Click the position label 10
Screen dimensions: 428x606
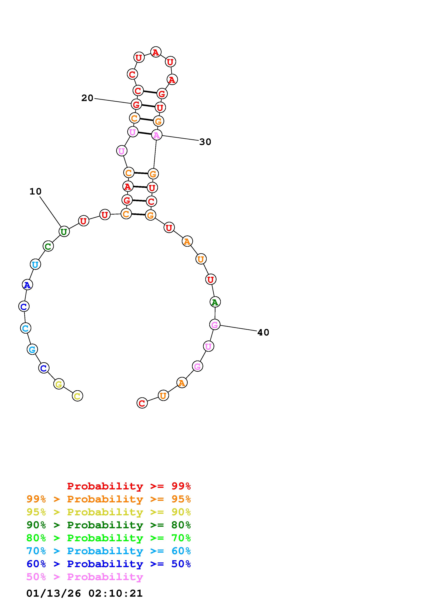click(35, 191)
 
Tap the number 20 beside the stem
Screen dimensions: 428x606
click(87, 98)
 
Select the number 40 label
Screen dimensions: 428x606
click(263, 332)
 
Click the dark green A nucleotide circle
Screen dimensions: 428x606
click(215, 302)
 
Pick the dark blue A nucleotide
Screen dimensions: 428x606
click(27, 285)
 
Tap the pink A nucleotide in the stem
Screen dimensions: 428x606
click(157, 135)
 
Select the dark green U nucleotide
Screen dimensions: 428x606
click(64, 232)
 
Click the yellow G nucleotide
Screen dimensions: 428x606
click(59, 384)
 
